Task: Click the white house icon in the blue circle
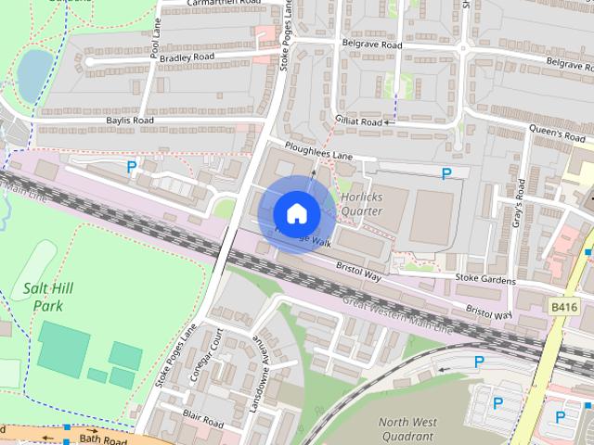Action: [296, 213]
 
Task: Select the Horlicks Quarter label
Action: [361, 203]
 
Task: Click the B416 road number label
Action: [562, 305]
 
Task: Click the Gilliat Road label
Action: [357, 122]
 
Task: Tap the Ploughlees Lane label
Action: [320, 151]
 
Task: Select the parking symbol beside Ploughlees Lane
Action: [446, 173]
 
